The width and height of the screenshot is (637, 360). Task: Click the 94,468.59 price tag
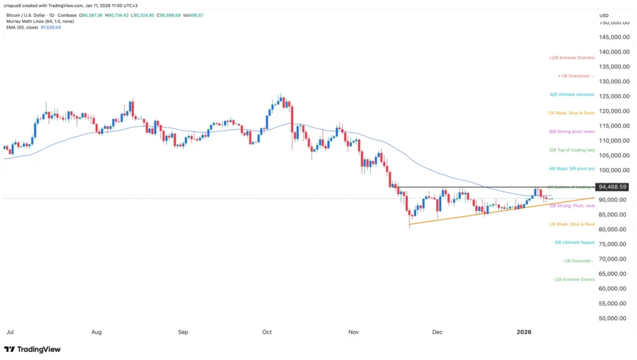[x=611, y=187]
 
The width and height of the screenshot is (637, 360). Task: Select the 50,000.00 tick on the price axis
[x=613, y=318]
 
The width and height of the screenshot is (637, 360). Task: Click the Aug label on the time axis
[x=96, y=332]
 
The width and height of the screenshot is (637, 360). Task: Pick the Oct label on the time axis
[x=267, y=332]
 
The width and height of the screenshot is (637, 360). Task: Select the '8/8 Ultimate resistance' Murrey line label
[x=573, y=96]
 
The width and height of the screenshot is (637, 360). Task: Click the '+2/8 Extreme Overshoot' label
[x=572, y=58]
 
